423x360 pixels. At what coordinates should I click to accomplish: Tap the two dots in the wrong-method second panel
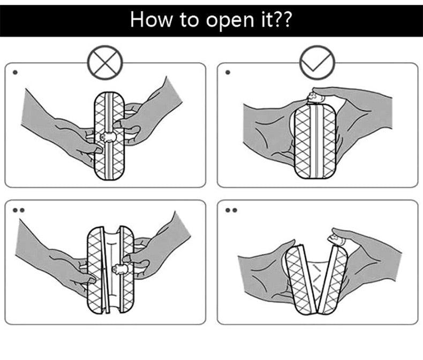18,210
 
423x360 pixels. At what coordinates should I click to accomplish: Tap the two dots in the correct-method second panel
231,210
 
